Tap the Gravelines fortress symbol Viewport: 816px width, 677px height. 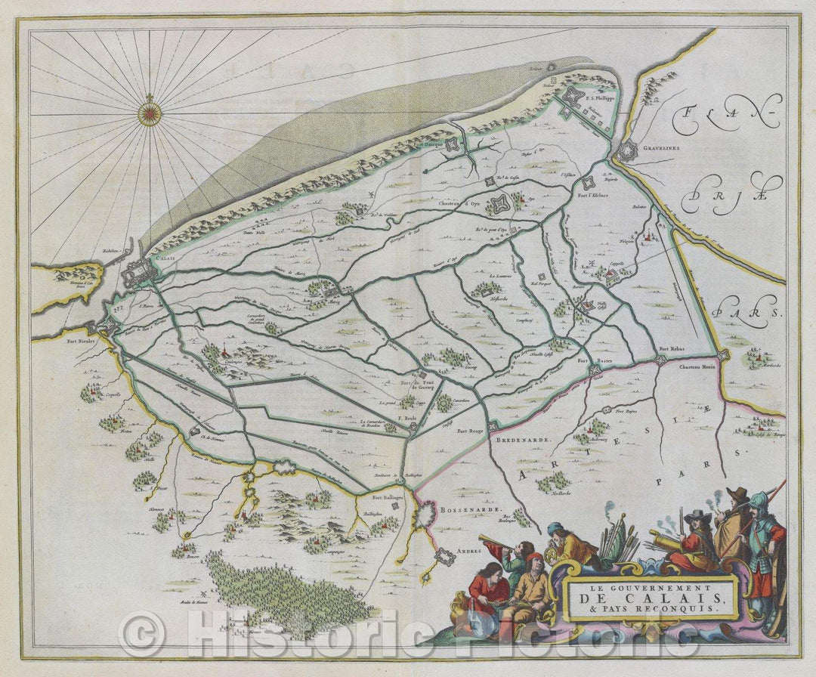(x=627, y=153)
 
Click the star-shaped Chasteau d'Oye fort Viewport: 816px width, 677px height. (x=499, y=202)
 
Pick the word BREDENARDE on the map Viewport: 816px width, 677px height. (x=521, y=438)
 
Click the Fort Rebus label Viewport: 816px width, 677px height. (x=672, y=348)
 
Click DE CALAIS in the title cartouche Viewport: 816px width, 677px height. (x=651, y=600)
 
